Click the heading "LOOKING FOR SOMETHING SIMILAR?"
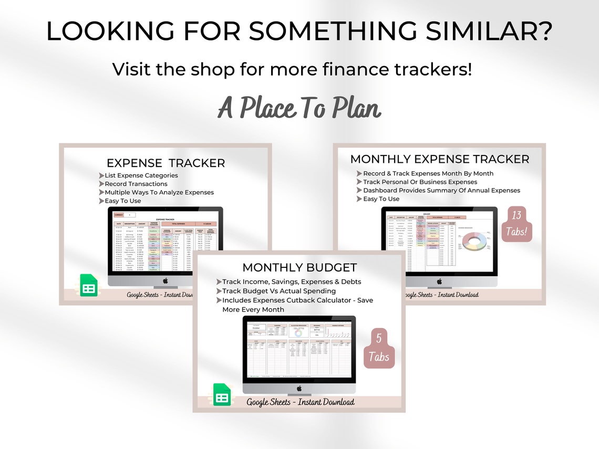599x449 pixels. tap(299, 31)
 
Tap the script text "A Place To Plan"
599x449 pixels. tap(299, 108)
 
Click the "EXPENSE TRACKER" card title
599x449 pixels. tap(166, 163)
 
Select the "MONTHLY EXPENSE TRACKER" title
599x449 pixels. tap(440, 159)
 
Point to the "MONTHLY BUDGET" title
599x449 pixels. tap(299, 268)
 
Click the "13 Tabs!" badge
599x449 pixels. tap(517, 224)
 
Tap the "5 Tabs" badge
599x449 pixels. tap(378, 348)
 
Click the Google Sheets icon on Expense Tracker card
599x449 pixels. tap(89, 285)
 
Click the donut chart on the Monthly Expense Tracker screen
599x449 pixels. tap(474, 241)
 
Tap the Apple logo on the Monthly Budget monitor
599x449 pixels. tap(299, 388)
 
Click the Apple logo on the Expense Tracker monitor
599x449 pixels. tap(165, 280)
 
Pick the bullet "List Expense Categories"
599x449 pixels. tap(141, 175)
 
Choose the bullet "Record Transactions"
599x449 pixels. tap(136, 184)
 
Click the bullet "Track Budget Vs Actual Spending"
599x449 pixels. tap(279, 291)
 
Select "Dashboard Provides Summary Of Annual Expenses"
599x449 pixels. tap(441, 190)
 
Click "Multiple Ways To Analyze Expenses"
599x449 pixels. tap(159, 192)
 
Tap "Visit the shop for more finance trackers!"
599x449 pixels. tap(292, 69)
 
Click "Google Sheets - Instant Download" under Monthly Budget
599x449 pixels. tap(301, 402)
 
